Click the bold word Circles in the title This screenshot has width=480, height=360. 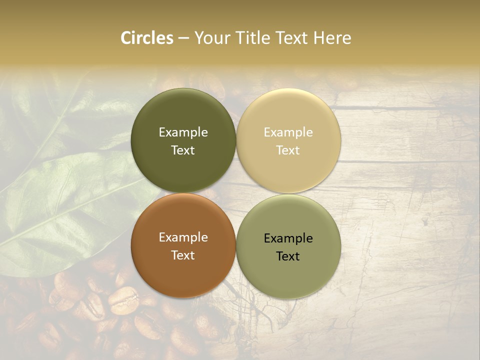tap(147, 38)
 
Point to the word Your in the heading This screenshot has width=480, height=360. tap(212, 38)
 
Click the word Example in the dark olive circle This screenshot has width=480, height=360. tap(183, 132)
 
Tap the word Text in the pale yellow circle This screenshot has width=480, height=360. tap(288, 150)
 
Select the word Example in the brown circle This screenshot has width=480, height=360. tap(183, 237)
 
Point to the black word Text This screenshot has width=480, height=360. tap(288, 256)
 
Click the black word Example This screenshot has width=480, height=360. tap(288, 238)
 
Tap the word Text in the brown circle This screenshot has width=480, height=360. tap(183, 255)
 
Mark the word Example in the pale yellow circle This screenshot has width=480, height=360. tap(288, 132)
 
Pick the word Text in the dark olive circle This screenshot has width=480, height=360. tap(183, 150)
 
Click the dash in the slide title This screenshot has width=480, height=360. tap(183, 38)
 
